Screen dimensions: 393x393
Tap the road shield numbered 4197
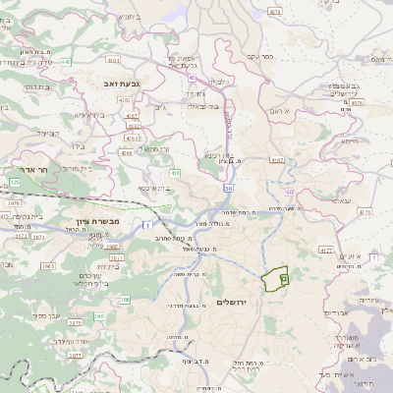[276, 158]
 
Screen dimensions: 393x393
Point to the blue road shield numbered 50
[228, 187]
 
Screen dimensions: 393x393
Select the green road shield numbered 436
[174, 174]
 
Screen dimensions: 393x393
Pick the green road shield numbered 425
[15, 183]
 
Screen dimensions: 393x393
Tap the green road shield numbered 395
[99, 315]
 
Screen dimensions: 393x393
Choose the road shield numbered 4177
[327, 251]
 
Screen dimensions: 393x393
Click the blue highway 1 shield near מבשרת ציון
[146, 225]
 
